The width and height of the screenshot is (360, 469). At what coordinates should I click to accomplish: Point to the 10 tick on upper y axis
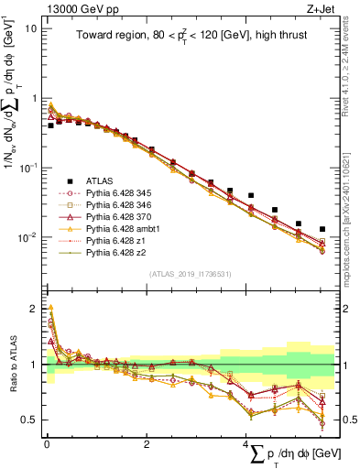click(30, 28)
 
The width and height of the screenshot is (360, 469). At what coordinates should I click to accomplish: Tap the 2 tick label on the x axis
click(147, 443)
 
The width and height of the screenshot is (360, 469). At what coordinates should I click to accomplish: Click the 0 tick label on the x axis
click(47, 443)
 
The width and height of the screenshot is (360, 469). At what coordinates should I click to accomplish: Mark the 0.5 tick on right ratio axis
click(343, 420)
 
